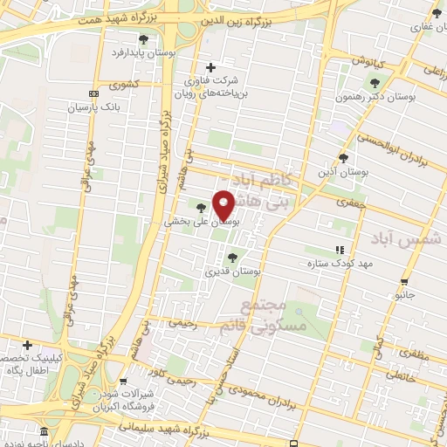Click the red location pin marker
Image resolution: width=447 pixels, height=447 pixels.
click(x=223, y=206)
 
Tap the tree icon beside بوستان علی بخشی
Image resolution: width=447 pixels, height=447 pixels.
click(x=203, y=208)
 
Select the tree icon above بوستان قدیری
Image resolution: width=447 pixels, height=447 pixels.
click(x=231, y=257)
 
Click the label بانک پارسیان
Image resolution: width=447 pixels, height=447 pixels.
click(x=90, y=109)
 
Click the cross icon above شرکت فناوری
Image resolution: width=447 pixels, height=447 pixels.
click(x=210, y=67)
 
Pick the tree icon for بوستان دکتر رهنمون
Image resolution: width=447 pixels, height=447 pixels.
click(x=375, y=83)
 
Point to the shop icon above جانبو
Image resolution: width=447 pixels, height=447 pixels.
click(x=403, y=282)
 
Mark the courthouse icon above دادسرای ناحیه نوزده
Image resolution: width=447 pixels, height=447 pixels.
click(x=44, y=431)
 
